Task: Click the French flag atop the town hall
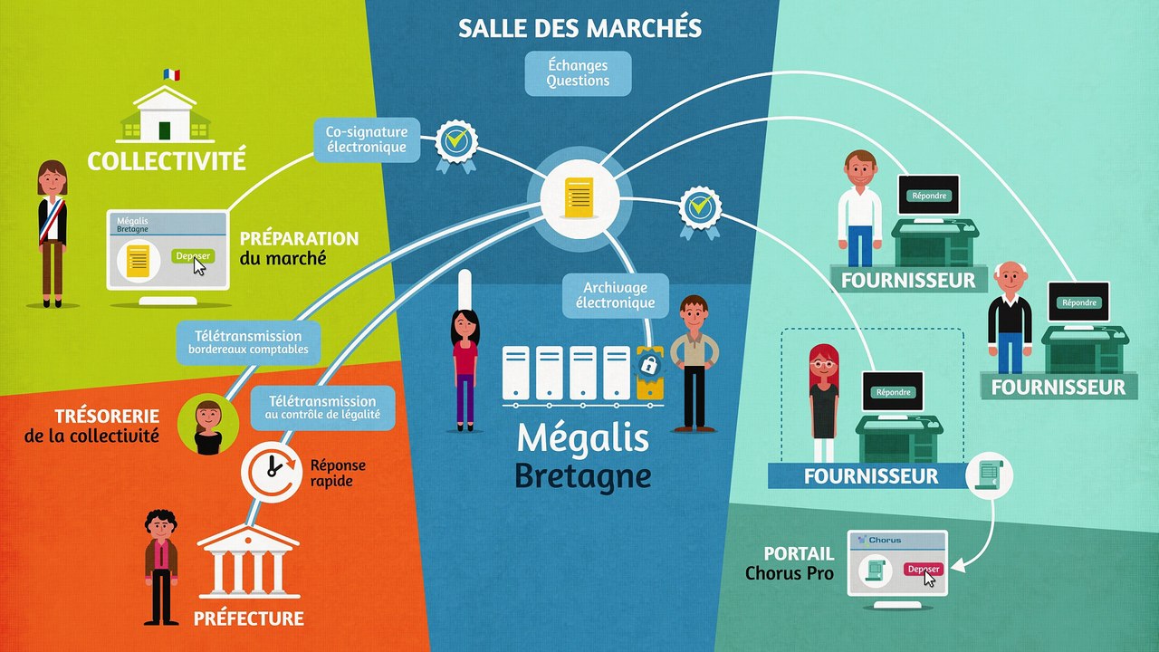click(172, 74)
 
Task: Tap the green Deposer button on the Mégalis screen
click(193, 255)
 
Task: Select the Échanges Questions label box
click(578, 73)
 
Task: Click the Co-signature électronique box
click(367, 139)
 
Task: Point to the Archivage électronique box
click(615, 295)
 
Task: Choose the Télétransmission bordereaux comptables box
click(248, 342)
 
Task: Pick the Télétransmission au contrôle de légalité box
click(323, 407)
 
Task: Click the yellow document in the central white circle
click(579, 197)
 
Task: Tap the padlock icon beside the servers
click(649, 365)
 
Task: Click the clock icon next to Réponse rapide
click(271, 472)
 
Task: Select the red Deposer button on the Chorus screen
click(924, 570)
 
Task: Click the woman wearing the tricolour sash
click(53, 234)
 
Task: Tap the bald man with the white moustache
click(1010, 317)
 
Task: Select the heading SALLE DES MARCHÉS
click(580, 27)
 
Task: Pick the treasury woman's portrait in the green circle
click(208, 425)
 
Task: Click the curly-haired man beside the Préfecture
click(161, 567)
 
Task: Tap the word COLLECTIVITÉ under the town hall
click(167, 160)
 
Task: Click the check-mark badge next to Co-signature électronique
click(455, 146)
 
